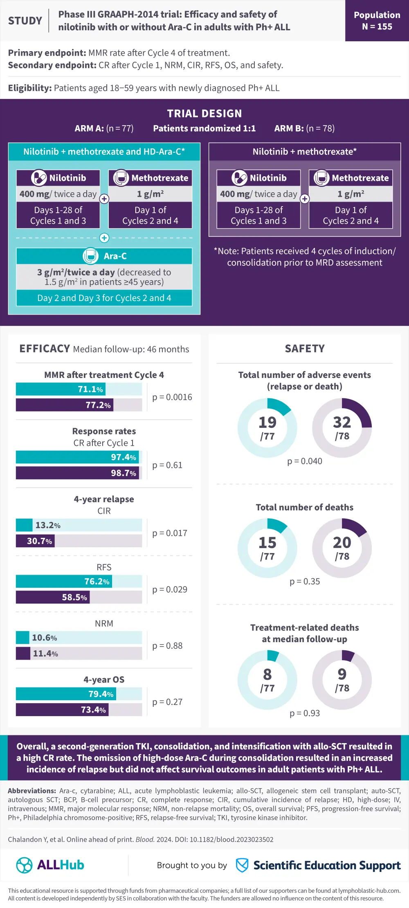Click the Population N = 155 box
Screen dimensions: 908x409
(377, 21)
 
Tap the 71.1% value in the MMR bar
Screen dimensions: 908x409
(90, 389)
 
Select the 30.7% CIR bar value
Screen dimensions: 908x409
(39, 541)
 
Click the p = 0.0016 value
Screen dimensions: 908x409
(172, 397)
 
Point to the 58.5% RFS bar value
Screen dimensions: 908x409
(74, 598)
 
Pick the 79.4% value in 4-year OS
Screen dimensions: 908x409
(101, 694)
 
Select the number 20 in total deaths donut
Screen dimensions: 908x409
(342, 543)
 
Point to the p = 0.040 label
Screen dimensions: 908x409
(305, 461)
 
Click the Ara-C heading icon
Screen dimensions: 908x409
(90, 256)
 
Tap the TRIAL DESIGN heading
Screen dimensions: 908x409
(204, 114)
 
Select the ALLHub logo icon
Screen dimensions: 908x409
(24, 865)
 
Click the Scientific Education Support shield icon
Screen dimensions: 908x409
(242, 865)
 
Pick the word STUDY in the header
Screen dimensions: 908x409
(25, 21)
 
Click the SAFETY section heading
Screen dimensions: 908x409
(305, 349)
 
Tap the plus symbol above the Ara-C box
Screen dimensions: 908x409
(104, 238)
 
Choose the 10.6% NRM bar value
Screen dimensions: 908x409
(44, 638)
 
